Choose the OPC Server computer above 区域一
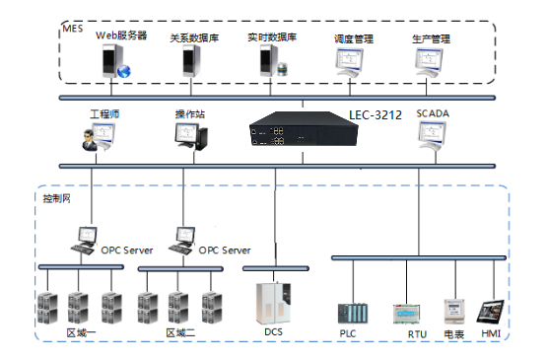pos(84,240)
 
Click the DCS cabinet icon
pos(272,302)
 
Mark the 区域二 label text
pos(180,333)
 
